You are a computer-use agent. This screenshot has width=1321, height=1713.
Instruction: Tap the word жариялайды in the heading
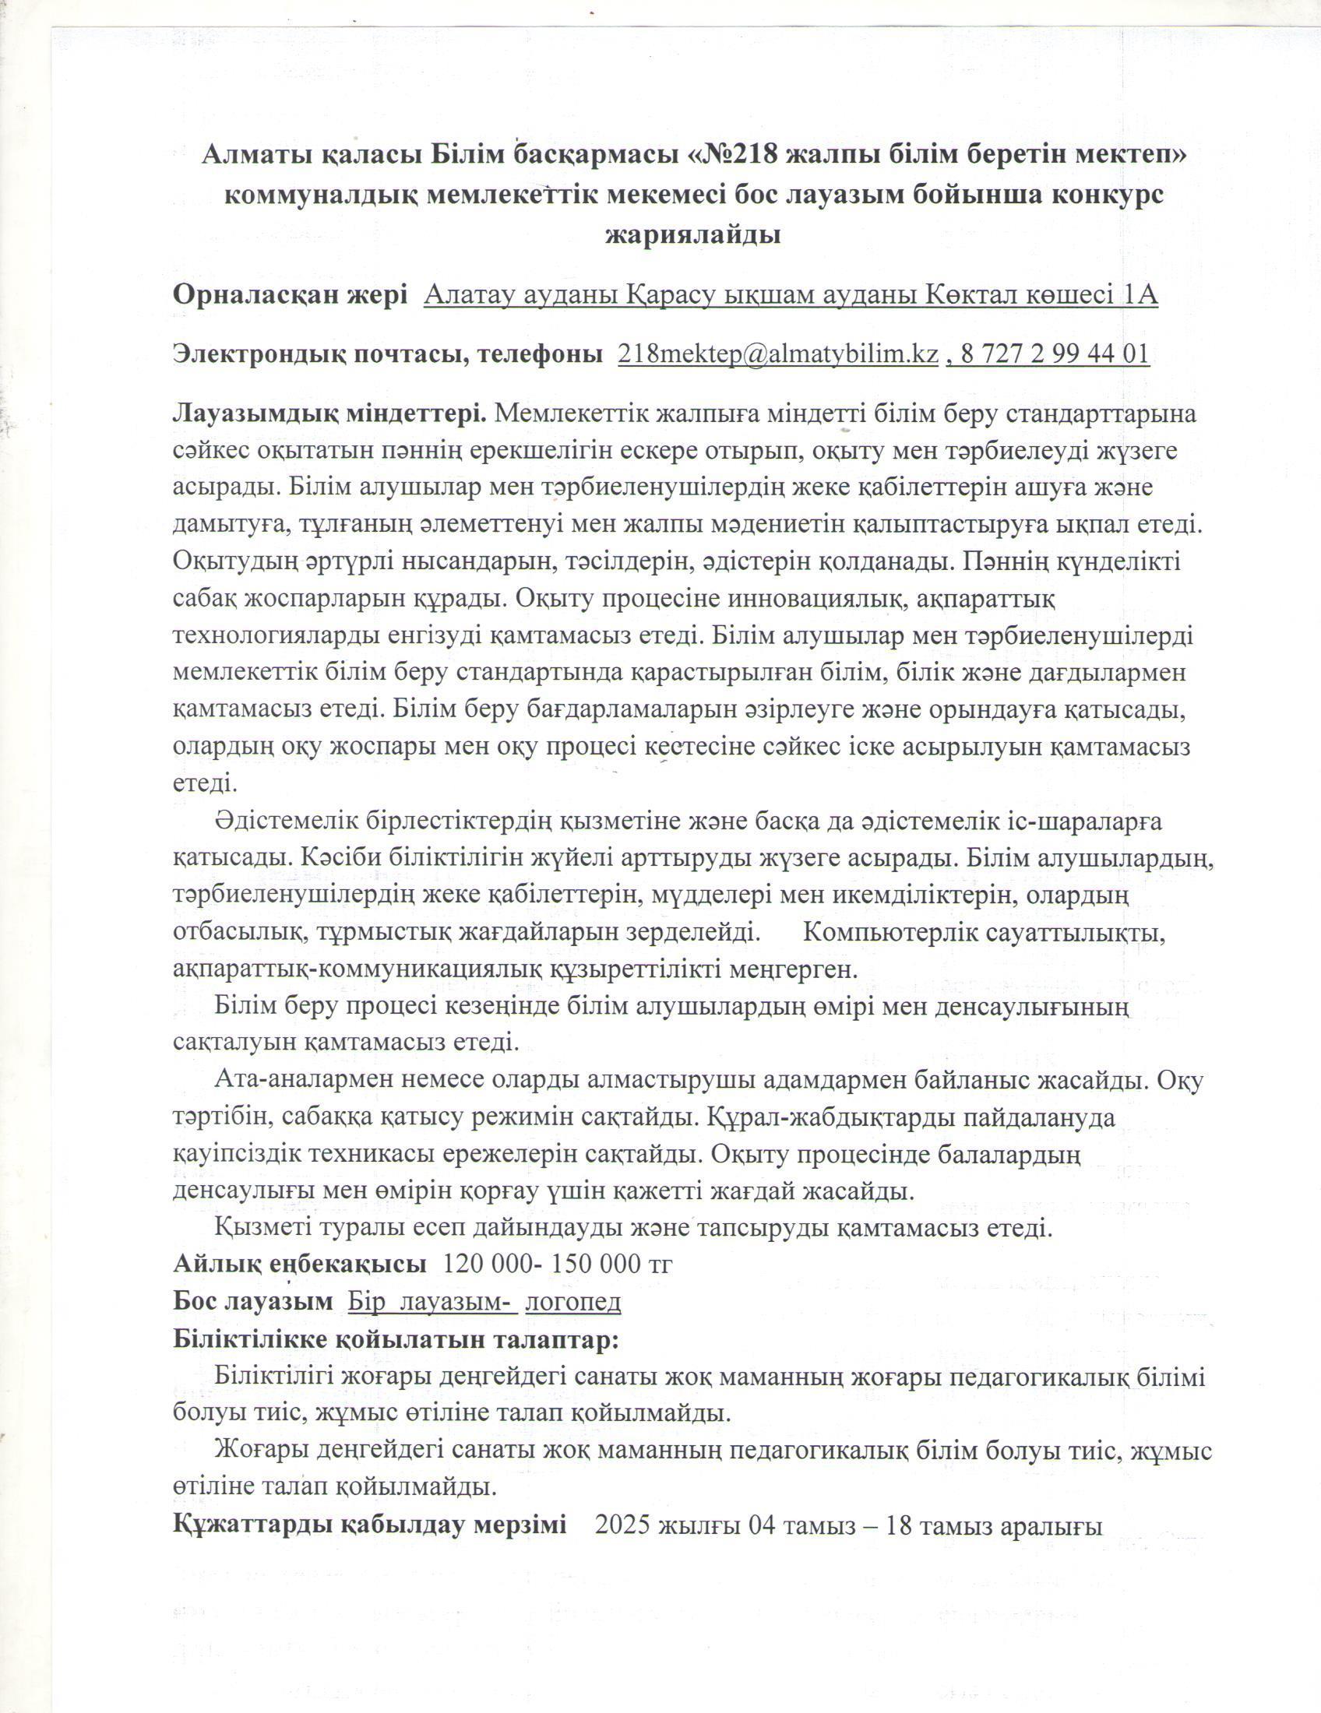[693, 234]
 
